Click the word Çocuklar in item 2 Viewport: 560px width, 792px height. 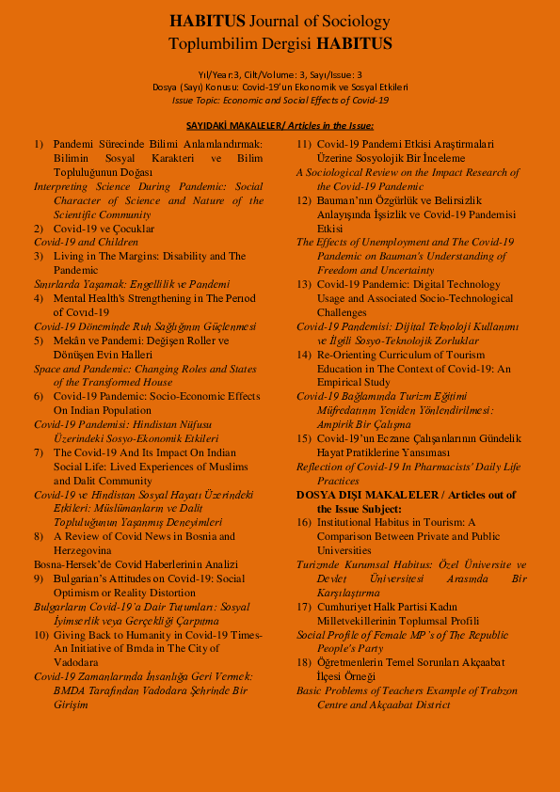(130, 229)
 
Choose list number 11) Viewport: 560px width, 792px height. (304, 144)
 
